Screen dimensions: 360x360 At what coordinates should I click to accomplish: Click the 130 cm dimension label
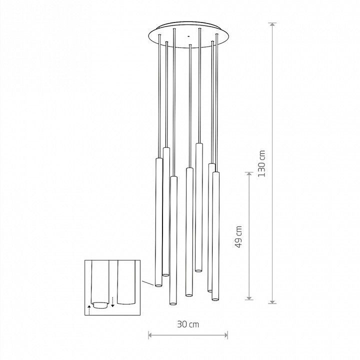261,163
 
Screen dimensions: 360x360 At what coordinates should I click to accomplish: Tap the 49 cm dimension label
238,236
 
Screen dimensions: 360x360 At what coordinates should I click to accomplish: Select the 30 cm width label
188,324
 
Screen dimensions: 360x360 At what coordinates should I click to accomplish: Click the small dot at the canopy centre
188,36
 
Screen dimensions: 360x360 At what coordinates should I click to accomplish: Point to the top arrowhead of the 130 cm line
272,25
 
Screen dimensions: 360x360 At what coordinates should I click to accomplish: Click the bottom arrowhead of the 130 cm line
272,301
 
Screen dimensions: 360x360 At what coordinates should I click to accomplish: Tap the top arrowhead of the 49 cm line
249,174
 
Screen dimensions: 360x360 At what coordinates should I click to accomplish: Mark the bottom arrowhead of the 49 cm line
249,297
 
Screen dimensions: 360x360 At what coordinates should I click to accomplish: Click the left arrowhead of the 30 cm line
151,335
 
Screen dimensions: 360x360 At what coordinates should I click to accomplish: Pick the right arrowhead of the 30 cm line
225,335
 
